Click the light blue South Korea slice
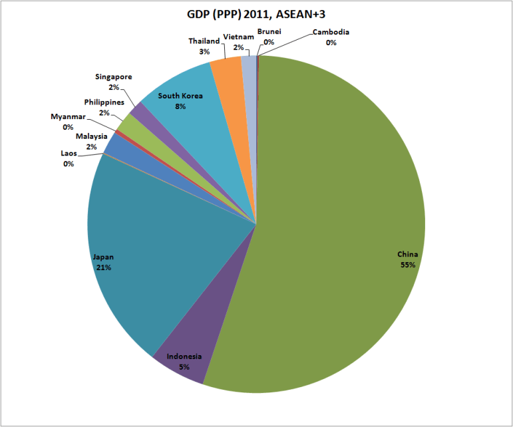[200, 113]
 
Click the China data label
[407, 259]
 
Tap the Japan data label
[102, 262]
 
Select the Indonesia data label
[184, 361]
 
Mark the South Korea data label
[180, 101]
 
